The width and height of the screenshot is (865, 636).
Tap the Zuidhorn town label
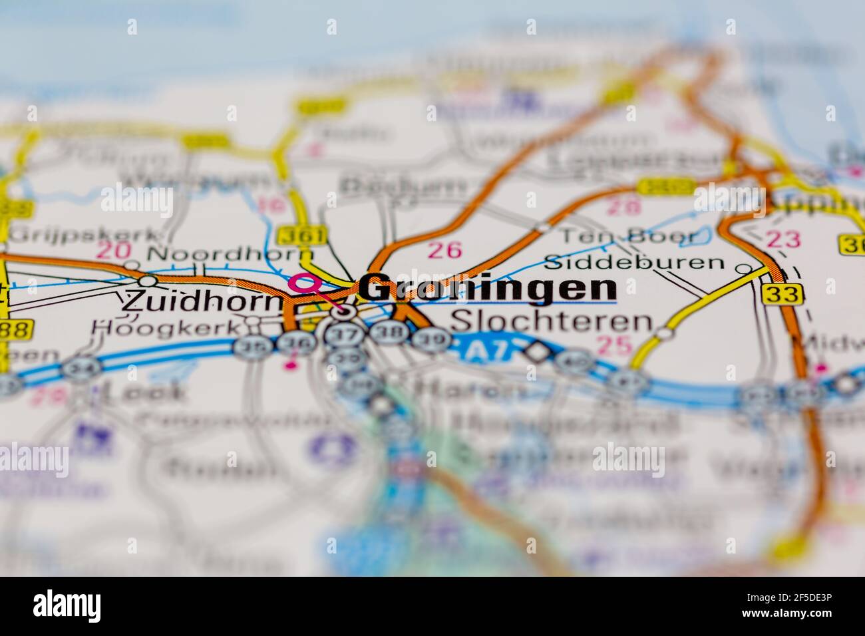coord(202,301)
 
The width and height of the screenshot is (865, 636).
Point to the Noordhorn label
coord(230,253)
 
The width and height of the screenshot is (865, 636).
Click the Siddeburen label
coord(633,261)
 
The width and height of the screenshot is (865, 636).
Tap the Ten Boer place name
coord(627,236)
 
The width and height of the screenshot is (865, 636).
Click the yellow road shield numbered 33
coord(783,293)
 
